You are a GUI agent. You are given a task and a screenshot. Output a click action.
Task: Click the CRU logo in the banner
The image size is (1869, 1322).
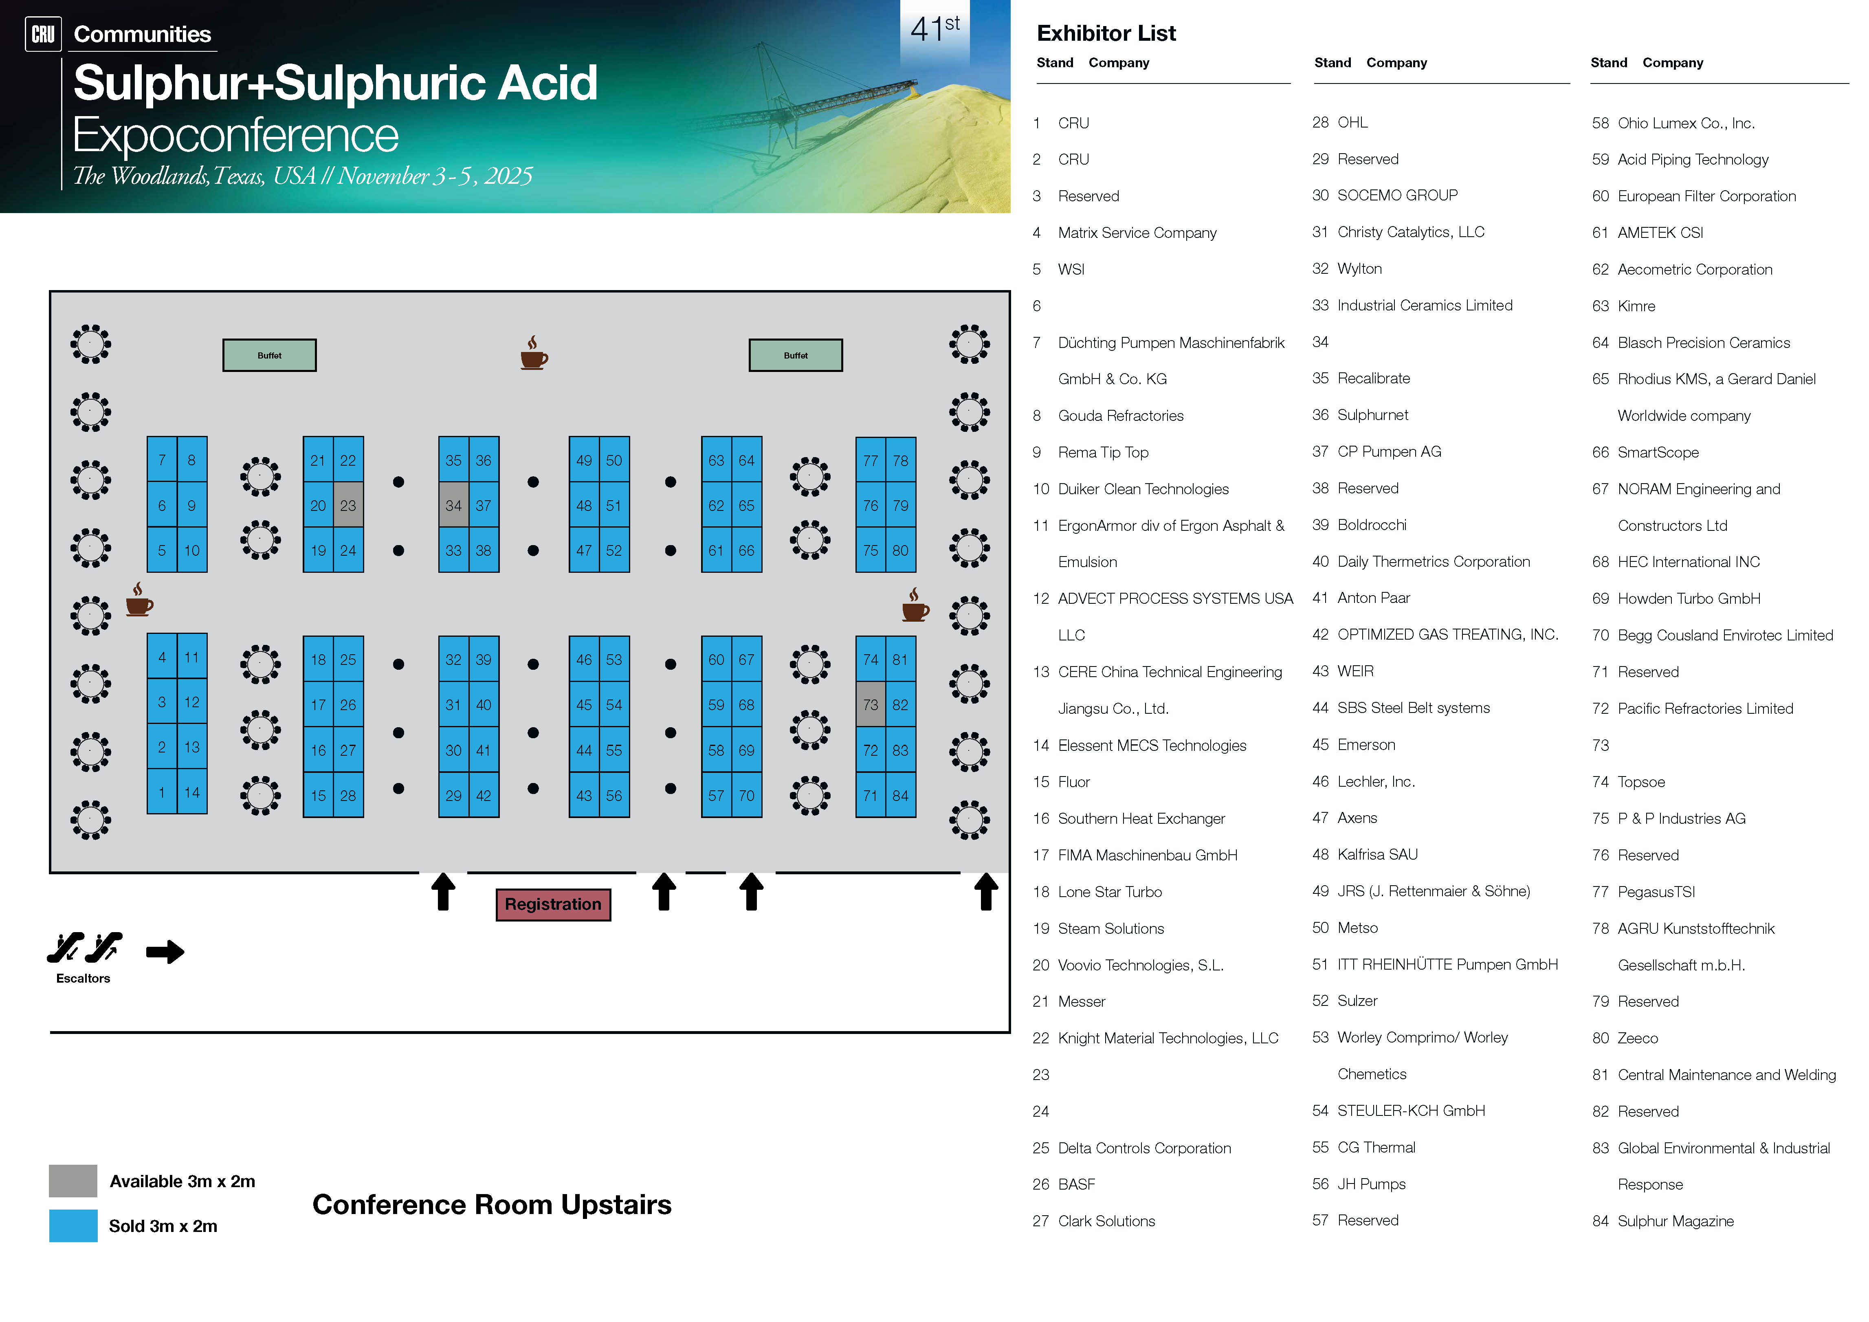point(43,34)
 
